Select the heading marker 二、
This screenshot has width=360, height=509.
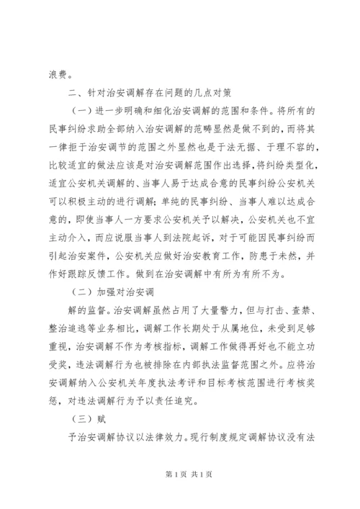[73, 92]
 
